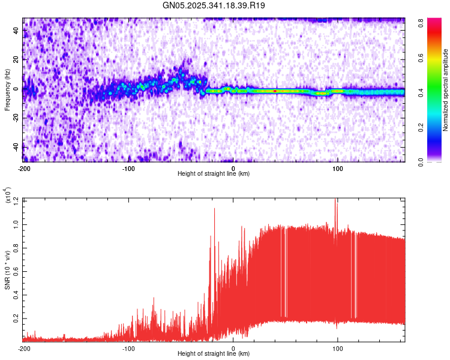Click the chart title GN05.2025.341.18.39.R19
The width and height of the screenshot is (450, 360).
(214, 6)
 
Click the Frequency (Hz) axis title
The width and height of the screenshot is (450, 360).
(7, 90)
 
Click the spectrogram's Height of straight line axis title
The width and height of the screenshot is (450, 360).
(214, 174)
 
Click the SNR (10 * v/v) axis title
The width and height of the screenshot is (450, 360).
(8, 270)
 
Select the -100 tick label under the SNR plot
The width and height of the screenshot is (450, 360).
(128, 348)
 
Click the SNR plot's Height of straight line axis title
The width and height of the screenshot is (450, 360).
(214, 354)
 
